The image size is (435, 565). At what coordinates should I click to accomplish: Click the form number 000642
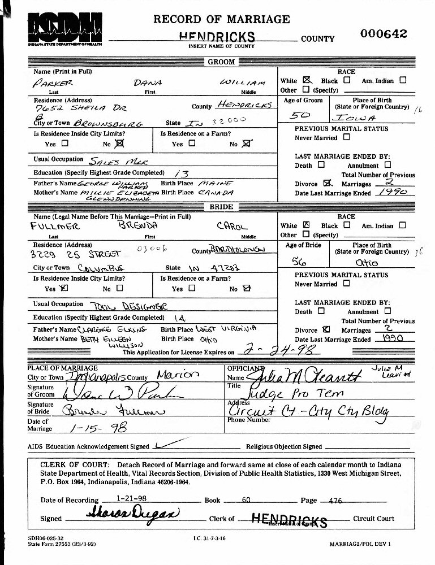click(384, 33)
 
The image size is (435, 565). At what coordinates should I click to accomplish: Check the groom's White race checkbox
click(307, 80)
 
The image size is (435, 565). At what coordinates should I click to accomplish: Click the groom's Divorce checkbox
click(326, 184)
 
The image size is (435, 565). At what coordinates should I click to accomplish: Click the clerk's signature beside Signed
click(132, 515)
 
